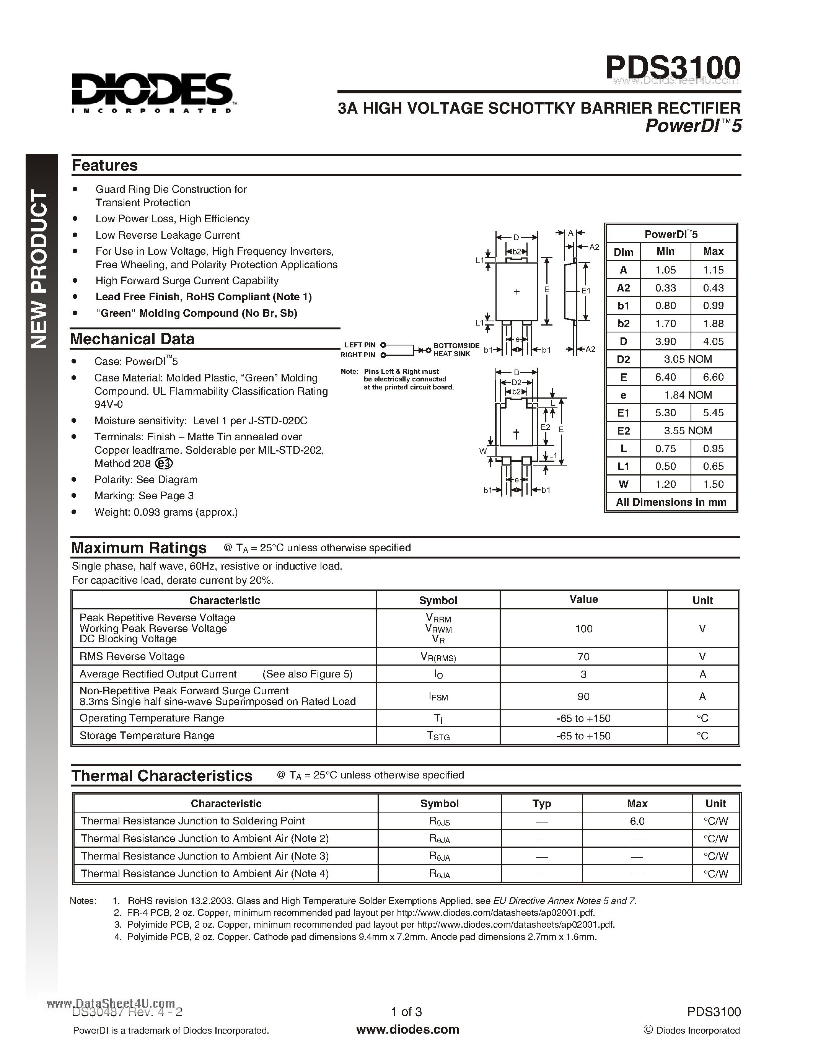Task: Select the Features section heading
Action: point(104,165)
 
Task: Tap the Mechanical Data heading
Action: point(132,339)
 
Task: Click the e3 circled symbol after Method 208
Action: point(164,463)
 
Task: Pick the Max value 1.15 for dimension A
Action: point(713,270)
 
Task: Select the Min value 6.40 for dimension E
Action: point(665,377)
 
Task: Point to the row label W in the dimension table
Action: point(623,484)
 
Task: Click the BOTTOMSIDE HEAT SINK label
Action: point(456,350)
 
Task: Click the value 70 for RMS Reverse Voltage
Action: point(583,656)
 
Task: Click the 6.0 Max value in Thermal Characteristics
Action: point(637,821)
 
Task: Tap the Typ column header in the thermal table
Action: point(541,803)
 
